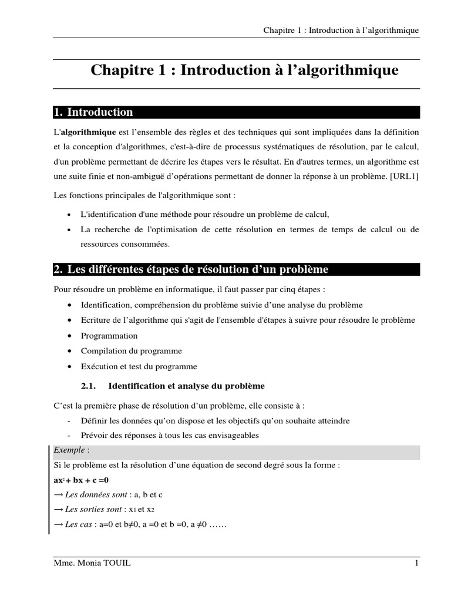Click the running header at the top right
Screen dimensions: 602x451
(x=341, y=31)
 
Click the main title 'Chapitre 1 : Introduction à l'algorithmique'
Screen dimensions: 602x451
(x=244, y=71)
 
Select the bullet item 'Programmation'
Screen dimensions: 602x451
(x=109, y=336)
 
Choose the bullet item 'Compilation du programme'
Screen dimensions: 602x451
(x=132, y=351)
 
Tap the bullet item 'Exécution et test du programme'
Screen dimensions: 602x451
(x=139, y=366)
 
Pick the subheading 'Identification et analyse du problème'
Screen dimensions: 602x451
(x=187, y=386)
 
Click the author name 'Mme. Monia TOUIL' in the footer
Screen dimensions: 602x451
(x=92, y=564)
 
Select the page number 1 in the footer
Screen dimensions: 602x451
(x=416, y=564)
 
